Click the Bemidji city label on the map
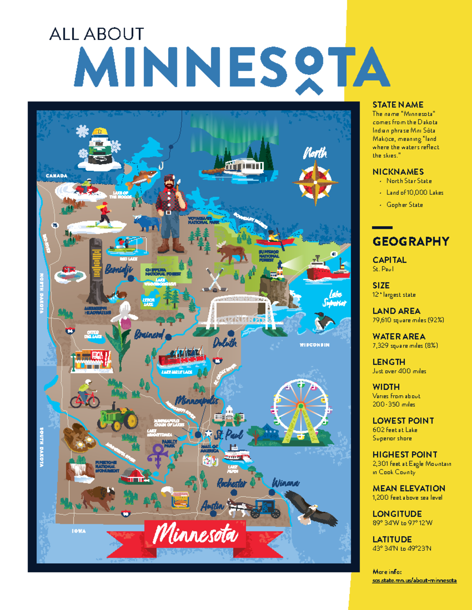(118, 270)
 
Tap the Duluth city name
(225, 343)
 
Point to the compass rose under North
(315, 183)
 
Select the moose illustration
(232, 252)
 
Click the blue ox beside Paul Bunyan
(146, 223)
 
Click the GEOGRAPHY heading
(411, 241)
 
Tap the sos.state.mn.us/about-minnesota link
(414, 580)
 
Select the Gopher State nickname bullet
(404, 205)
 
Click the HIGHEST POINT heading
(405, 454)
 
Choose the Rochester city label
(232, 483)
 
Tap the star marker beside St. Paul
(208, 434)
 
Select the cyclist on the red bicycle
(85, 394)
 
